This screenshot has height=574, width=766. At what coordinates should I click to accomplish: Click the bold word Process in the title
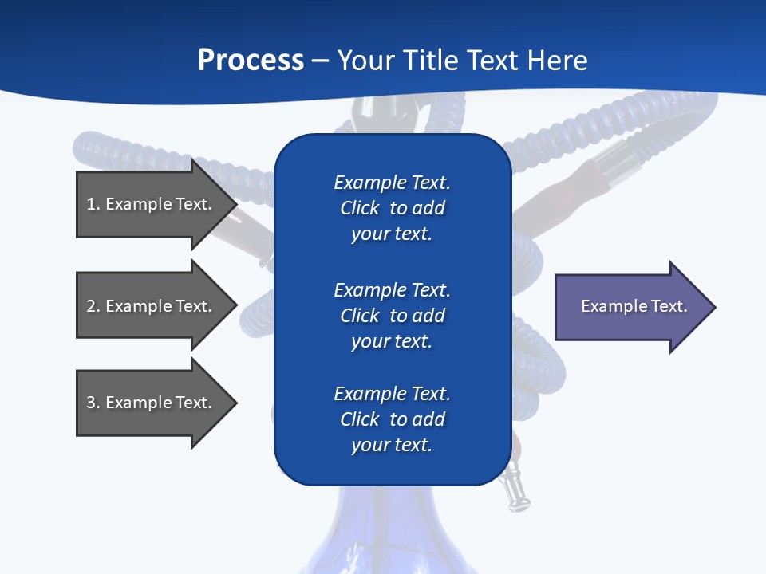pyautogui.click(x=251, y=61)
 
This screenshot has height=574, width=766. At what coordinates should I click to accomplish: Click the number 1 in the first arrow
pyautogui.click(x=91, y=204)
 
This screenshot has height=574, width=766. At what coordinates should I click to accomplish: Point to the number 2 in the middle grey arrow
pyautogui.click(x=91, y=306)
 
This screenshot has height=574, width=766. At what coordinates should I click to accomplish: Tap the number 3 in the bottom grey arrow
pyautogui.click(x=91, y=403)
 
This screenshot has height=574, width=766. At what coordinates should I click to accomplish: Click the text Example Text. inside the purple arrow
pyautogui.click(x=634, y=306)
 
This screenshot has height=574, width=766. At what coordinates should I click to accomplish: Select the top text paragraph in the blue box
pyautogui.click(x=392, y=208)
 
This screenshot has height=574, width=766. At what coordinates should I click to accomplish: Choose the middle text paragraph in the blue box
pyautogui.click(x=392, y=315)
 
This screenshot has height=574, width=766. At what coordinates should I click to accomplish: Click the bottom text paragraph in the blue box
pyautogui.click(x=392, y=419)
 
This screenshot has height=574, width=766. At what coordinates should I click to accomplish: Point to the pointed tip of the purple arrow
pyautogui.click(x=714, y=307)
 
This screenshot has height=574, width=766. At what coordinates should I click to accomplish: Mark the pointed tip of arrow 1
pyautogui.click(x=235, y=204)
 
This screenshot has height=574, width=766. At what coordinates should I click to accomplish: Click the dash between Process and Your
pyautogui.click(x=321, y=61)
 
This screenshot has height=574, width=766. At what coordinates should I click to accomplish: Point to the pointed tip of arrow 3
pyautogui.click(x=235, y=403)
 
